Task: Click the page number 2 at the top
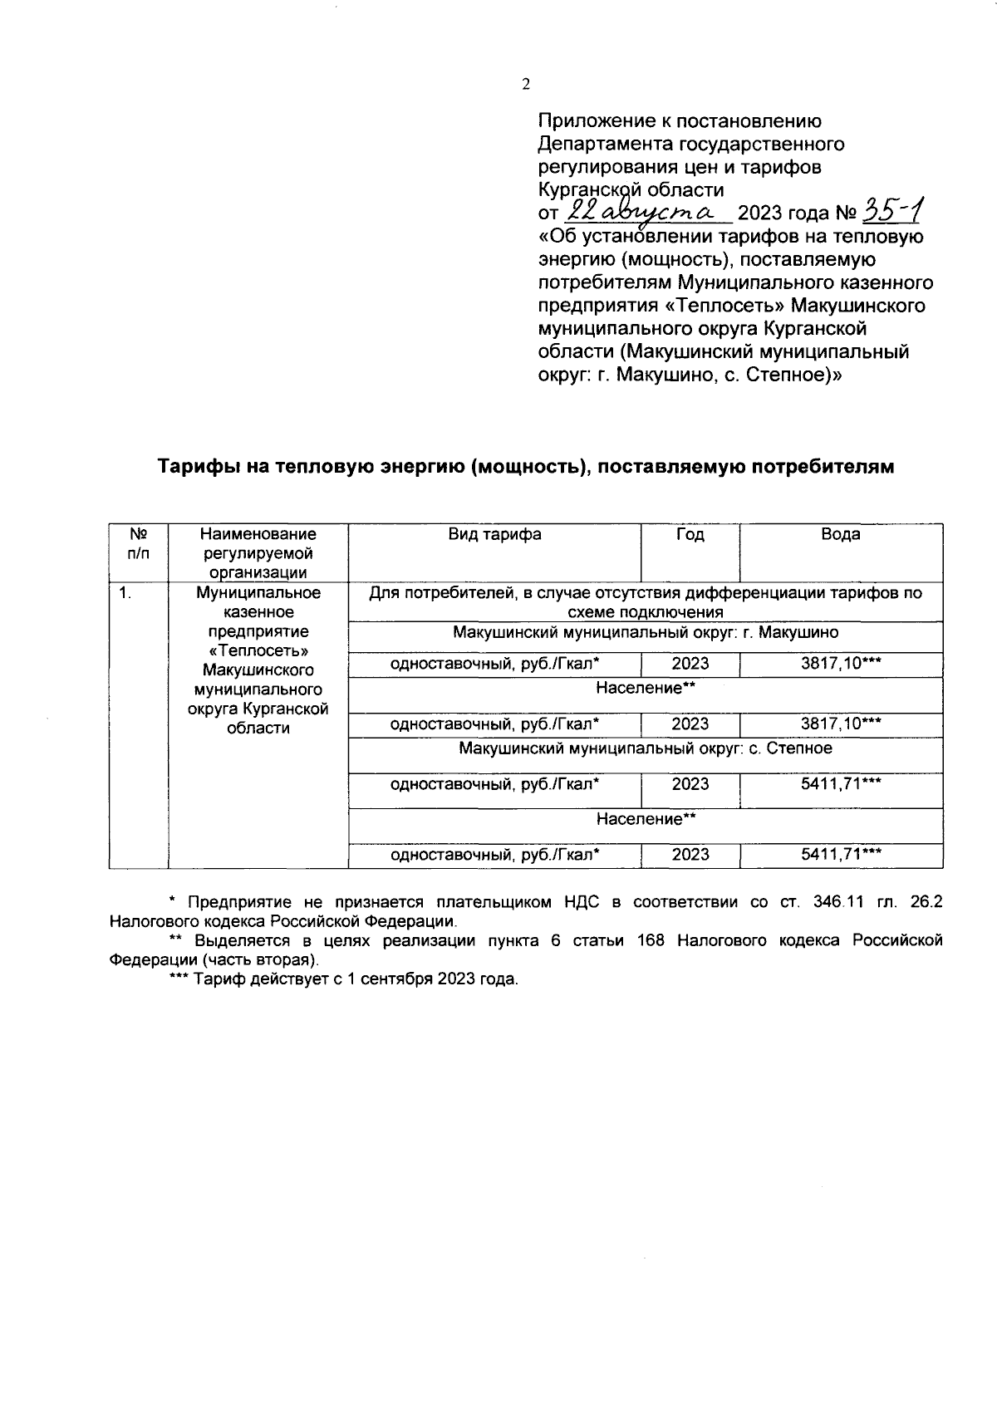pos(525,84)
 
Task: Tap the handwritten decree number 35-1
pos(891,211)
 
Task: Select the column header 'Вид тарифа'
pos(494,535)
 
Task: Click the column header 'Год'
pos(690,535)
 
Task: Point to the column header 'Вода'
pos(840,535)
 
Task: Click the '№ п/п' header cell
pos(138,544)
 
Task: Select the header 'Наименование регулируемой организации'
pos(258,553)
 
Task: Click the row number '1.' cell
pos(125,593)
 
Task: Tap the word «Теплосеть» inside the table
pos(258,650)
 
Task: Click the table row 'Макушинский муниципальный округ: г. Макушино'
pos(646,633)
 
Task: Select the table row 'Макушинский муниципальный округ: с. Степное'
pos(646,749)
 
